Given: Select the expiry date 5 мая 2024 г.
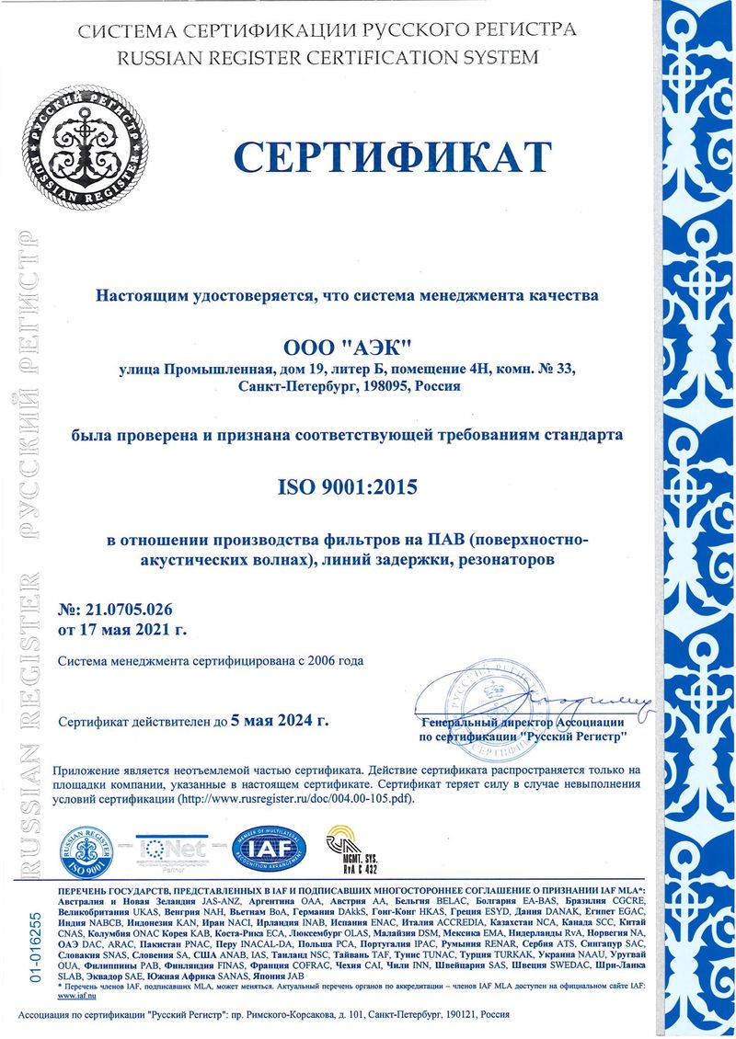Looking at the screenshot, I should point(280,722).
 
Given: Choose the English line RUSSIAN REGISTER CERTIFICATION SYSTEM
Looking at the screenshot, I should point(328,57).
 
